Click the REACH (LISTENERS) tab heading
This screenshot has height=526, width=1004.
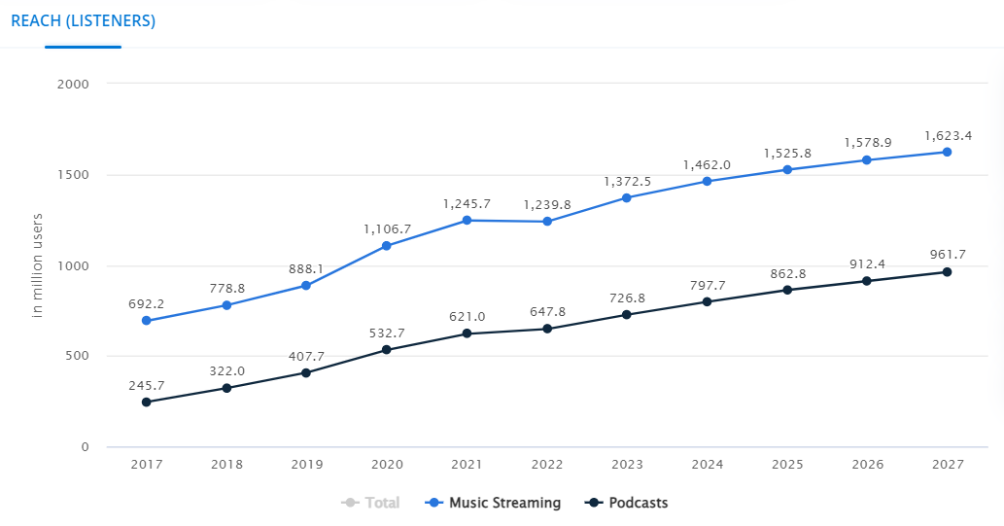tap(83, 20)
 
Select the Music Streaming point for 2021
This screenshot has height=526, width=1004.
tap(467, 221)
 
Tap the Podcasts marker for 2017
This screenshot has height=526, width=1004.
tap(146, 402)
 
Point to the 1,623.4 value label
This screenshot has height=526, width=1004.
tap(947, 135)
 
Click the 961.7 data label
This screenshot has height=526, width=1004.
tap(947, 255)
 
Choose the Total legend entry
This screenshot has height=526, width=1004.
tap(371, 503)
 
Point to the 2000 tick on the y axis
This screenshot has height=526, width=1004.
tap(74, 84)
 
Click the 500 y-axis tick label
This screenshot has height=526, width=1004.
tap(78, 356)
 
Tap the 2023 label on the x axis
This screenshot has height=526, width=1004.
tap(627, 465)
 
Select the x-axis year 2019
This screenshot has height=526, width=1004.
tap(306, 465)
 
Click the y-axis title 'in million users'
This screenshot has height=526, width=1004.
tap(39, 264)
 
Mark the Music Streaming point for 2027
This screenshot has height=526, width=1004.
tap(947, 152)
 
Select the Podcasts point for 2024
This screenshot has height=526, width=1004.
tap(707, 301)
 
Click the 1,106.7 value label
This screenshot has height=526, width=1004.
tap(387, 228)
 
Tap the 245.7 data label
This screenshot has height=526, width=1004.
tap(146, 385)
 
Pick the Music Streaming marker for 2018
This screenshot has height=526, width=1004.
tap(226, 305)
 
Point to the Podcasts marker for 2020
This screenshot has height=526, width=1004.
tap(387, 350)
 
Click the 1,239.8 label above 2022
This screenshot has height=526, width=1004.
tap(547, 204)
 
